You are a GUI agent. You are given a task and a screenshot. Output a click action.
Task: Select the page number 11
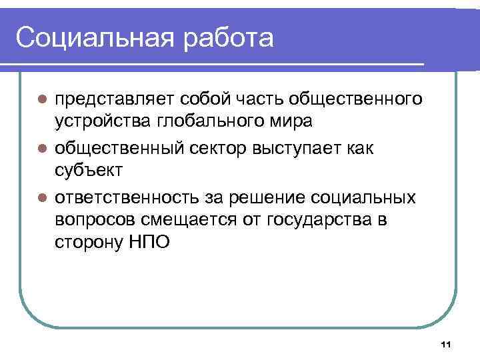[x=446, y=344]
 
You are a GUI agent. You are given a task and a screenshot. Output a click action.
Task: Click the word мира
[x=293, y=123]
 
